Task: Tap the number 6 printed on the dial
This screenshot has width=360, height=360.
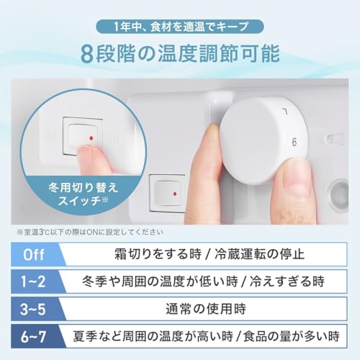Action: pyautogui.click(x=294, y=141)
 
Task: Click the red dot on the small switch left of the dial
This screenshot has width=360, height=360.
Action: pyautogui.click(x=176, y=194)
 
